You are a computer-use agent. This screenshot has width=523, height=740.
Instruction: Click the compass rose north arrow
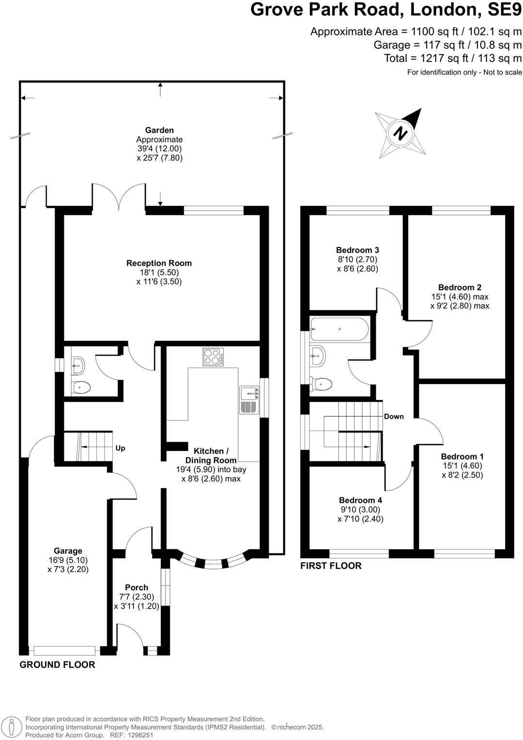400,132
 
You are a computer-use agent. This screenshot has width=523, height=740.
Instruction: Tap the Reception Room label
159,263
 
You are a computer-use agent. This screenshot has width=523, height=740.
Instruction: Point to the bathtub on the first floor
339,329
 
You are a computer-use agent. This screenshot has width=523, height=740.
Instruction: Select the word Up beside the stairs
120,448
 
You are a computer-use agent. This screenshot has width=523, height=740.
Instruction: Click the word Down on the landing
394,416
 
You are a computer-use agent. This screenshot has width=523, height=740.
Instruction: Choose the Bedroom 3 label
357,250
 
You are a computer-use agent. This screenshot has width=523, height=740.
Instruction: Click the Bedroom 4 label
357,500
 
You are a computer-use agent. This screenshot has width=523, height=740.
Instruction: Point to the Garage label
68,551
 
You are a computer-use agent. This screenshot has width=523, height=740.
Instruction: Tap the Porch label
137,587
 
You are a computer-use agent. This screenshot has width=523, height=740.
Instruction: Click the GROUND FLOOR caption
57,665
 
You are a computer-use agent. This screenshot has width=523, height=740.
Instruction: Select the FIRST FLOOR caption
331,566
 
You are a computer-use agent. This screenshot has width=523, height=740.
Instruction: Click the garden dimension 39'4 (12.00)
159,149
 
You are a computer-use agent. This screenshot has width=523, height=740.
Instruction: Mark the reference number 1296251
140,735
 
